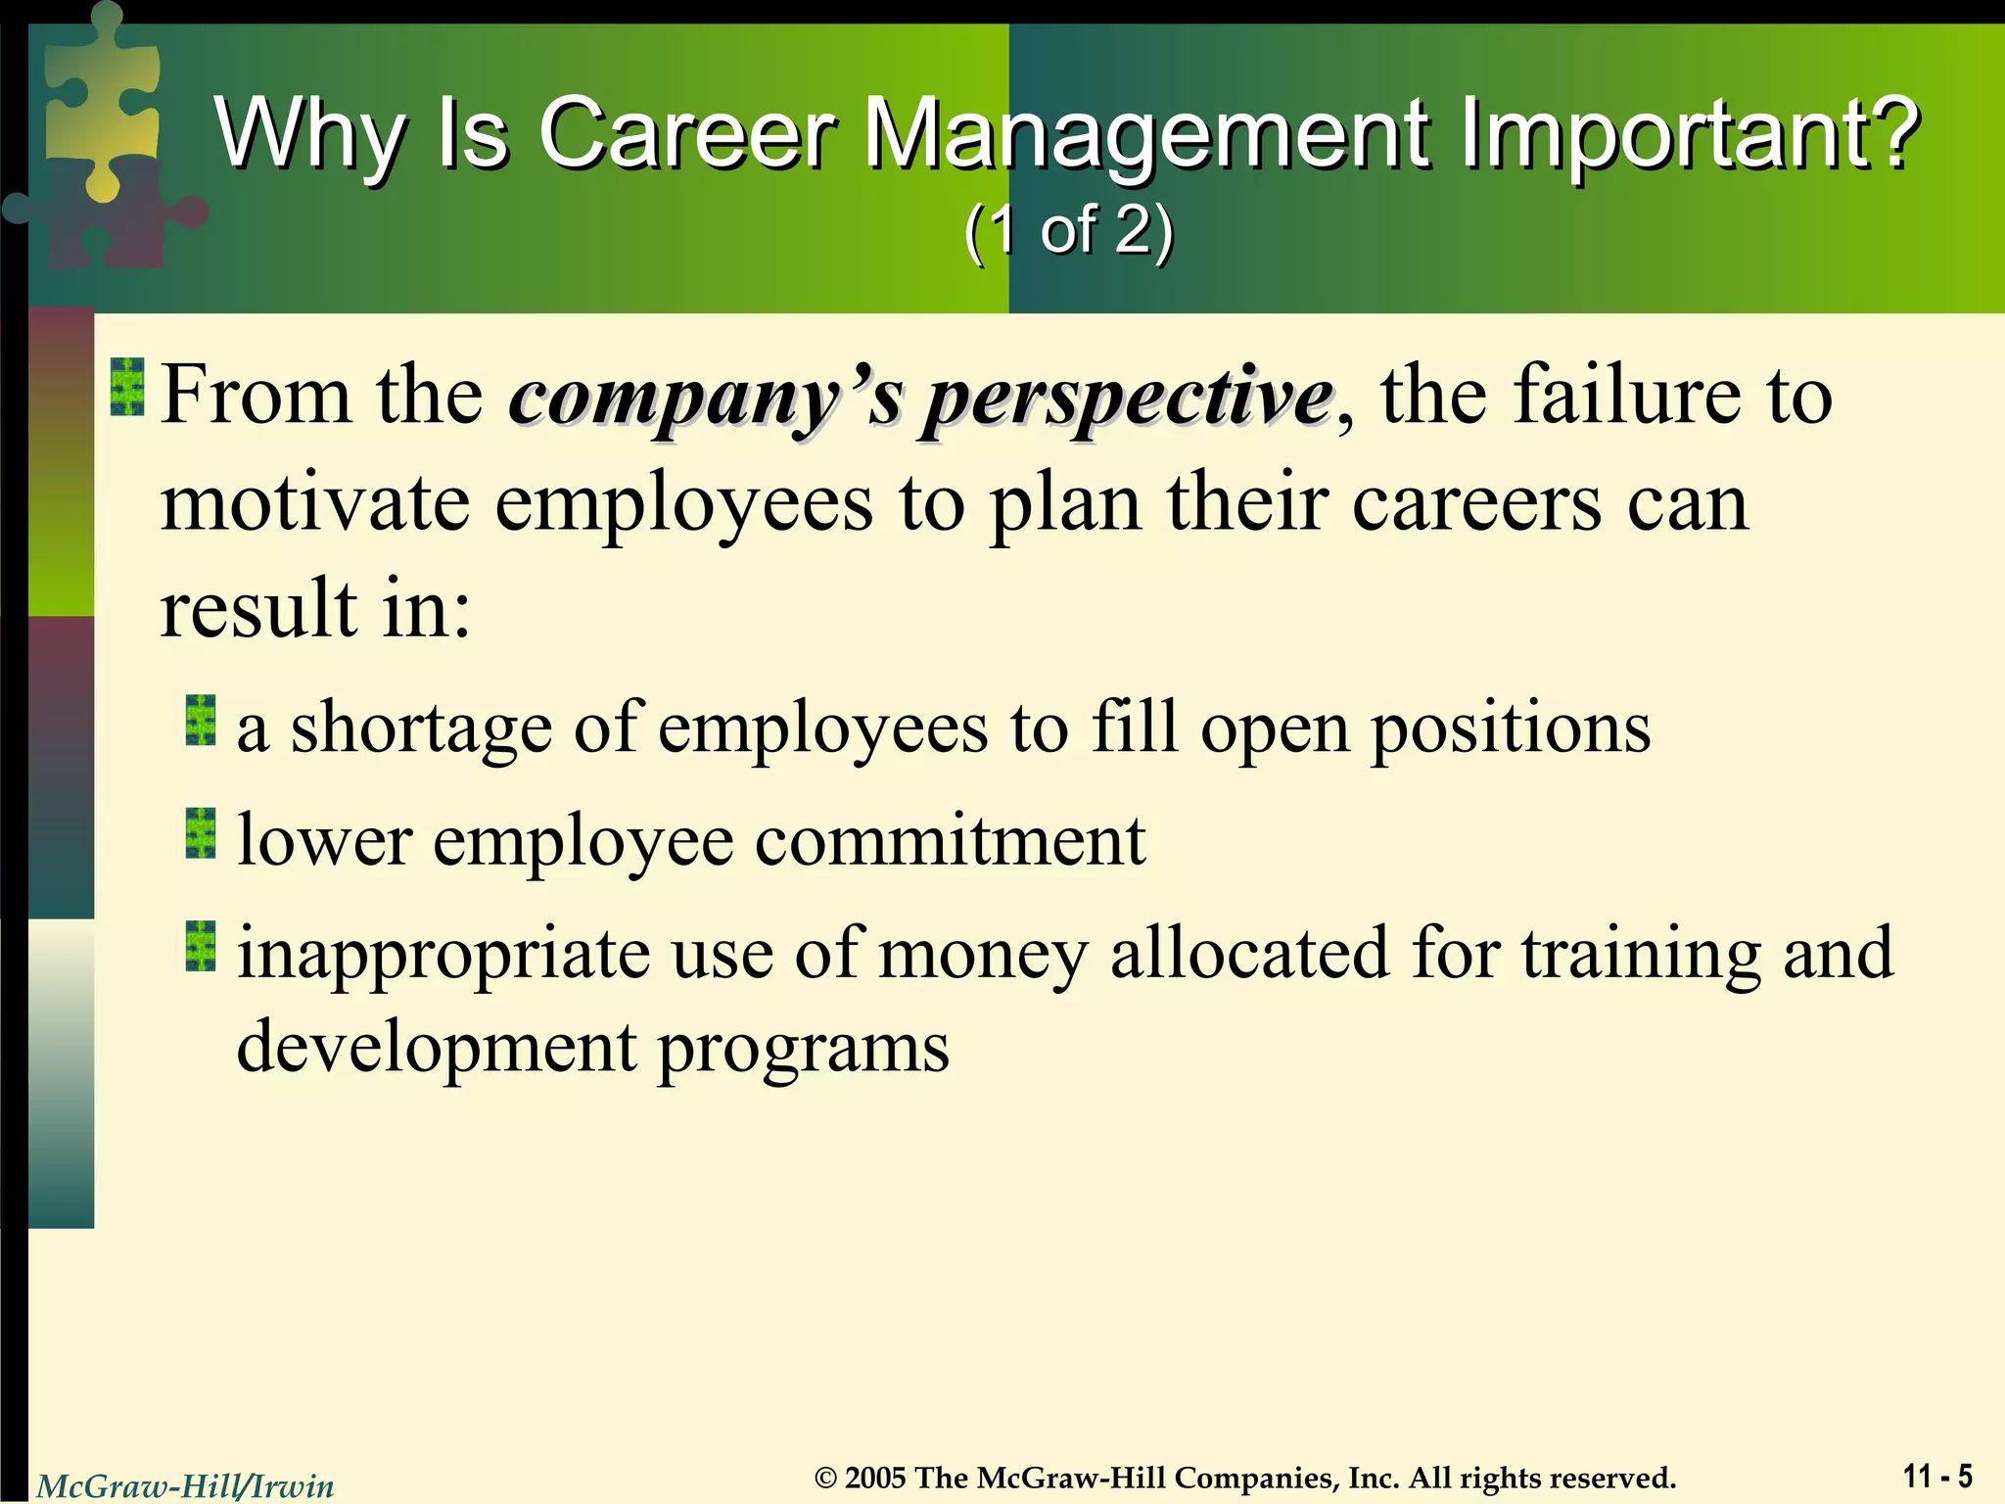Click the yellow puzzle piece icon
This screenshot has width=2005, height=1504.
(x=98, y=98)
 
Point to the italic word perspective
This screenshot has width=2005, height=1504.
(x=1128, y=398)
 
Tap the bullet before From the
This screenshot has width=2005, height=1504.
(x=127, y=387)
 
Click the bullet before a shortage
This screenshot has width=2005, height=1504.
(x=201, y=721)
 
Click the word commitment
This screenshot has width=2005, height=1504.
(x=950, y=840)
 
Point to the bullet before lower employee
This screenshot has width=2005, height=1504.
(x=201, y=833)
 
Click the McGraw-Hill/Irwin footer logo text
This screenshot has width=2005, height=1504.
(x=185, y=1486)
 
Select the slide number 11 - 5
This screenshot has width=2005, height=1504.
(x=1937, y=1475)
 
